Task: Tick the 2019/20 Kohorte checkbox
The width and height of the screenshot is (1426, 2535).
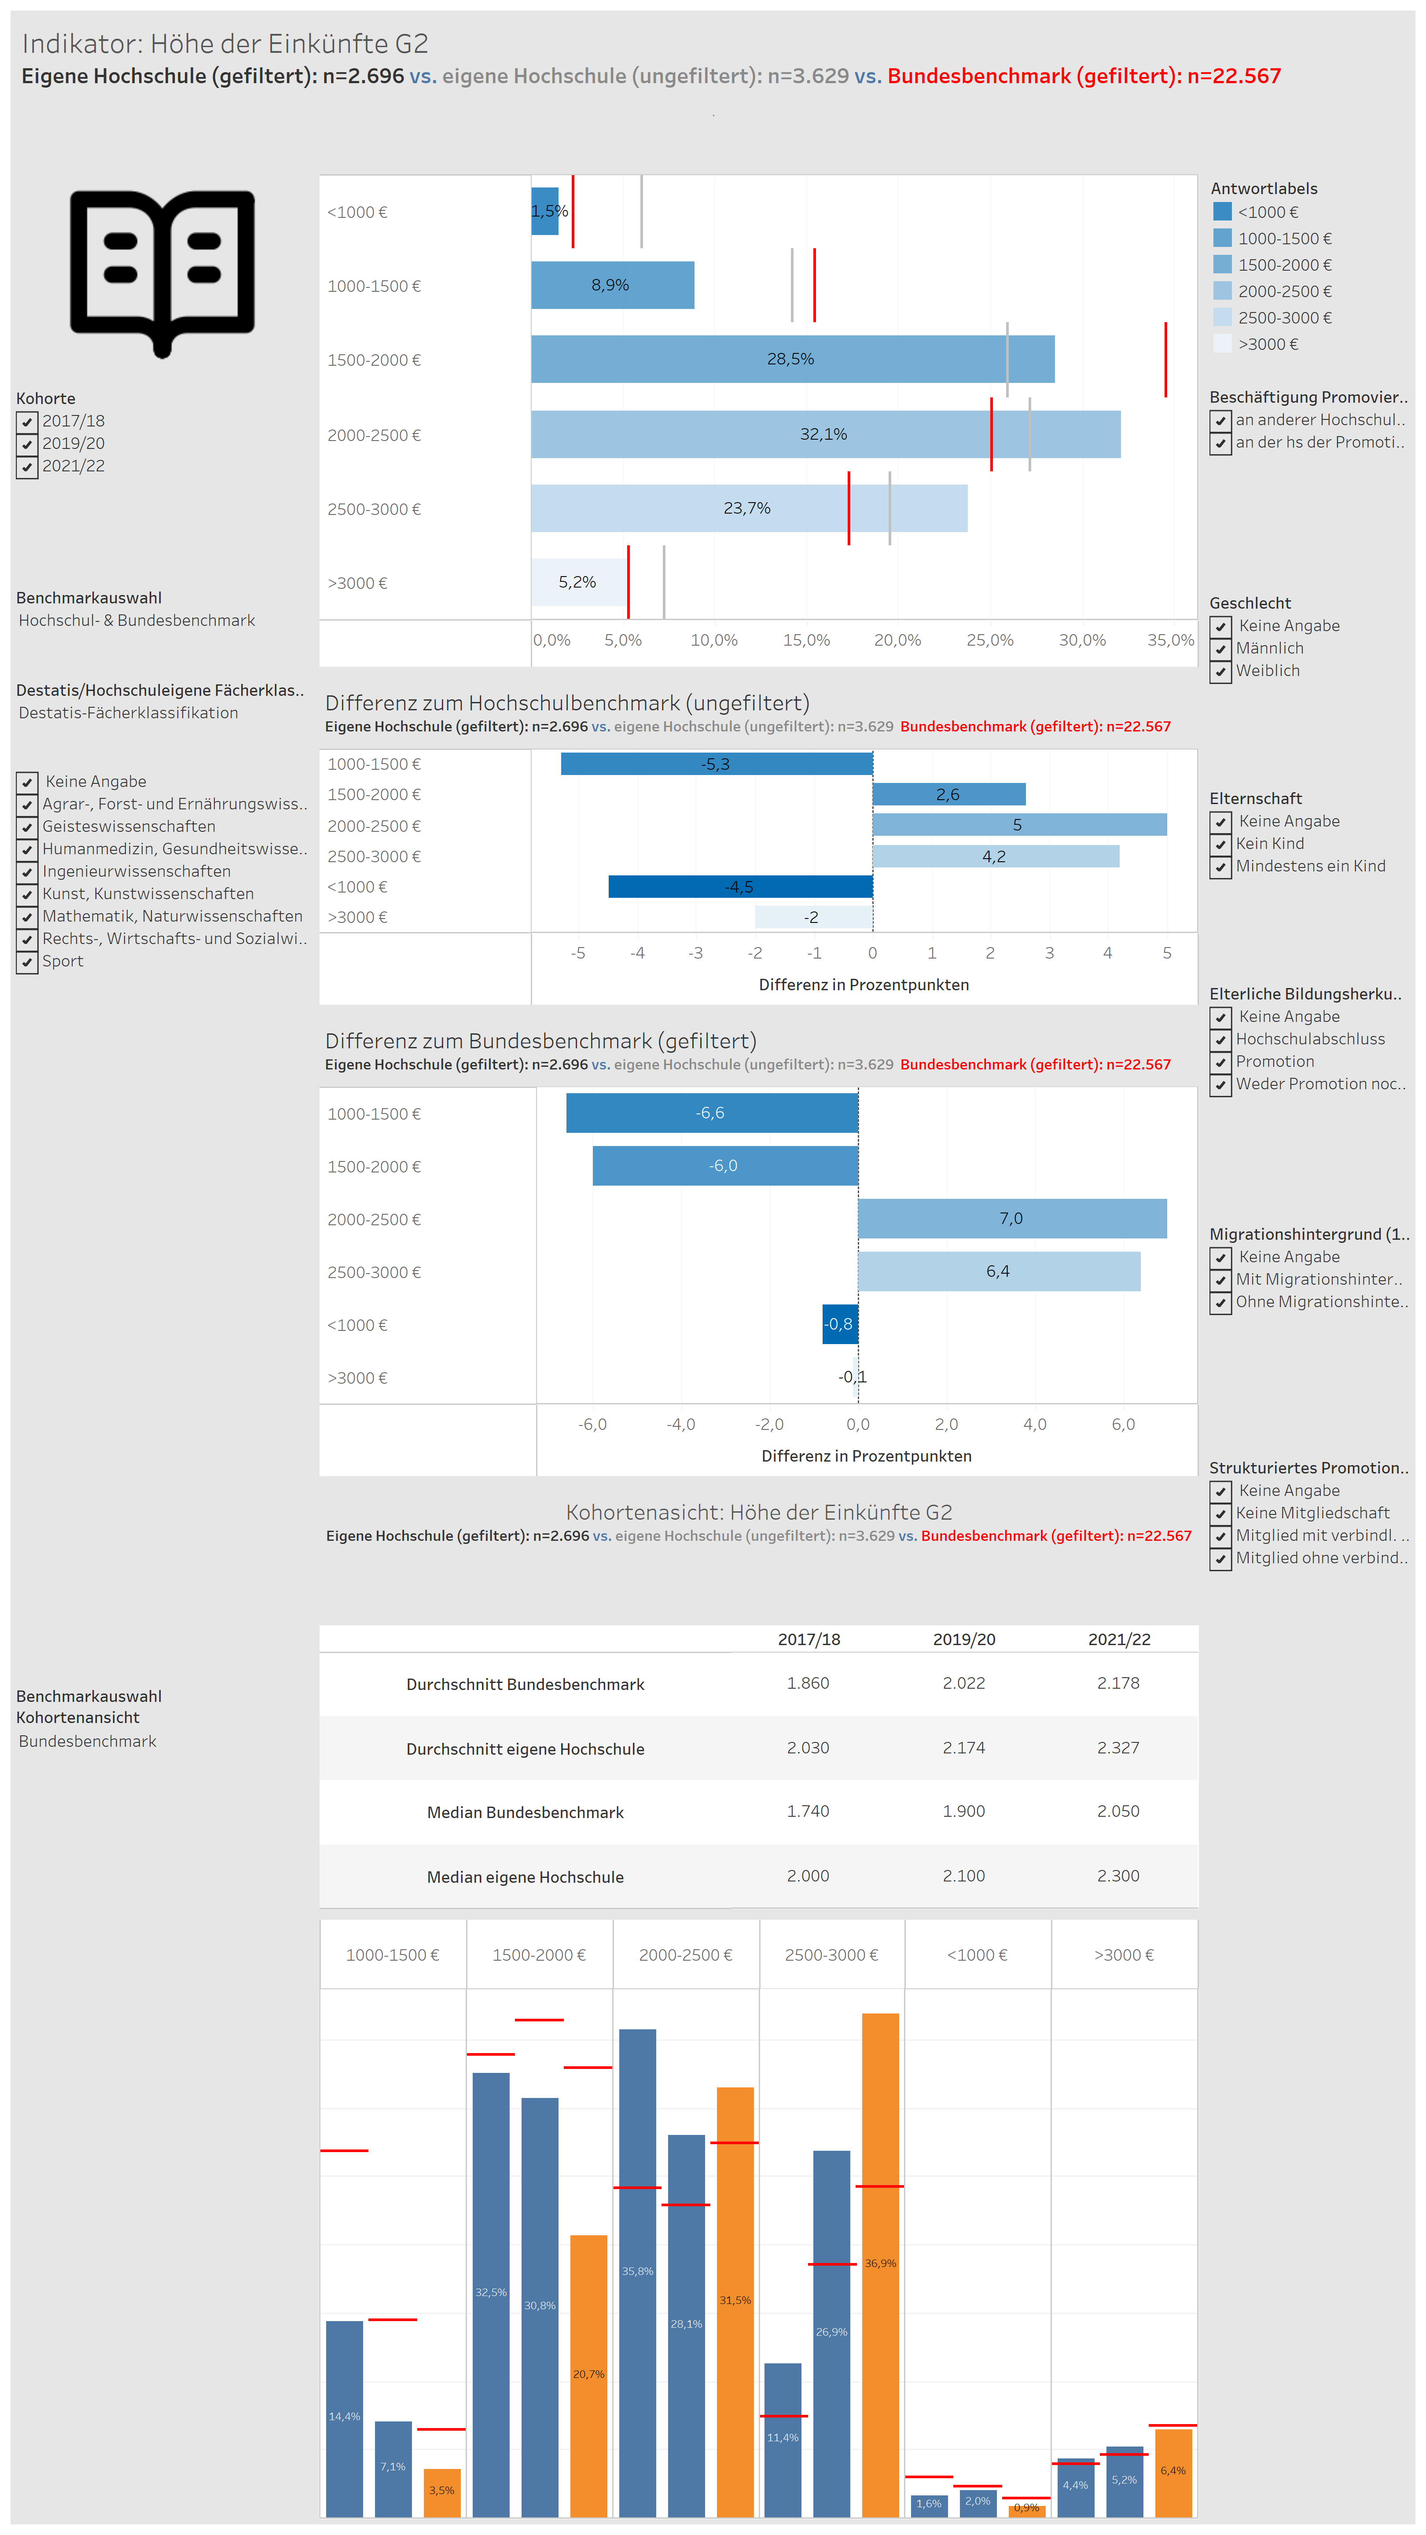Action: pyautogui.click(x=28, y=444)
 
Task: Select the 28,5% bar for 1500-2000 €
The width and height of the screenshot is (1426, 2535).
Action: pyautogui.click(x=792, y=359)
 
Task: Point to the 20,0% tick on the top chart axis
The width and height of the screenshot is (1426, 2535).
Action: pyautogui.click(x=897, y=639)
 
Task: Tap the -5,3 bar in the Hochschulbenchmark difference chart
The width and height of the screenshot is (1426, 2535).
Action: pyautogui.click(x=717, y=764)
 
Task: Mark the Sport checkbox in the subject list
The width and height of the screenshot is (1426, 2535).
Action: pyautogui.click(x=28, y=962)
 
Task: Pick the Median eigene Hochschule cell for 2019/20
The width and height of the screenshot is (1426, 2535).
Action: pyautogui.click(x=963, y=1876)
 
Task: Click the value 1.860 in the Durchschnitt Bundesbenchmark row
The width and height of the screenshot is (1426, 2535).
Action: pyautogui.click(x=808, y=1683)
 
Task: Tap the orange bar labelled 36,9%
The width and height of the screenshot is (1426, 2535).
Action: pyautogui.click(x=881, y=2263)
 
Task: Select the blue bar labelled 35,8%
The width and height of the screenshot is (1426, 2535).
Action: pyautogui.click(x=638, y=2271)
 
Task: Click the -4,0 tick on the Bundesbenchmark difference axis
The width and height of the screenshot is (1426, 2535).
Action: pyautogui.click(x=681, y=1424)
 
